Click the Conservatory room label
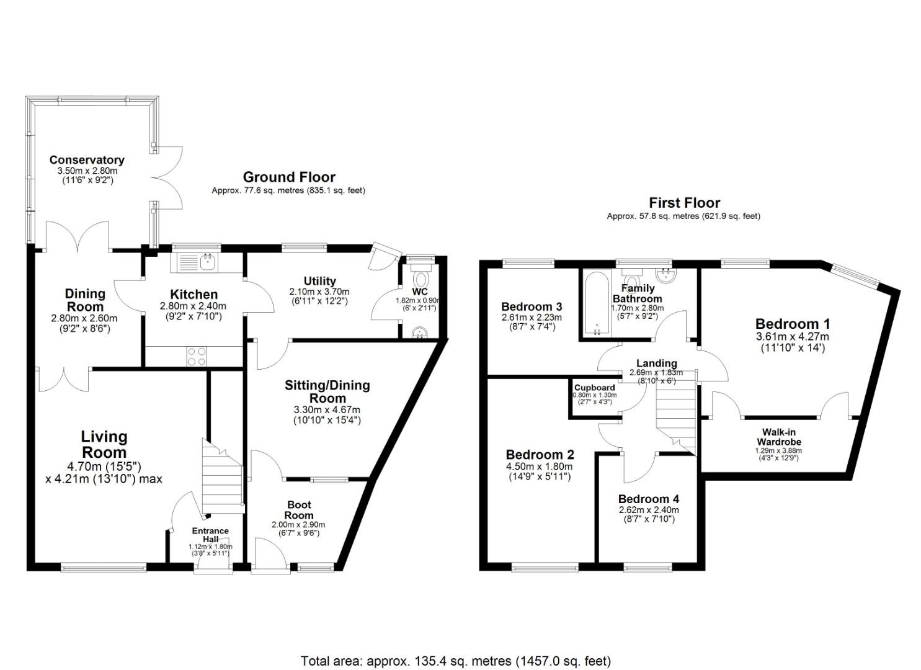87,160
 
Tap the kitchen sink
196,263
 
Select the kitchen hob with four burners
197,355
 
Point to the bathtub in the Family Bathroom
596,303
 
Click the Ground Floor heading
288,177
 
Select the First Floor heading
684,203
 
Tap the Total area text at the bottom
455,661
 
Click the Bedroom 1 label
792,324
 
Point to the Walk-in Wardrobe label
778,437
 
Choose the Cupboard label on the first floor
594,388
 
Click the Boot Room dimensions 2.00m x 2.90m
298,525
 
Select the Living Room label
104,444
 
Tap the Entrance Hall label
210,535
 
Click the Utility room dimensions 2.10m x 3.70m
319,292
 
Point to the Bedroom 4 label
648,499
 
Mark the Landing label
656,364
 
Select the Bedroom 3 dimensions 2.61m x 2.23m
532,317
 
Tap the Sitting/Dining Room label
327,391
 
